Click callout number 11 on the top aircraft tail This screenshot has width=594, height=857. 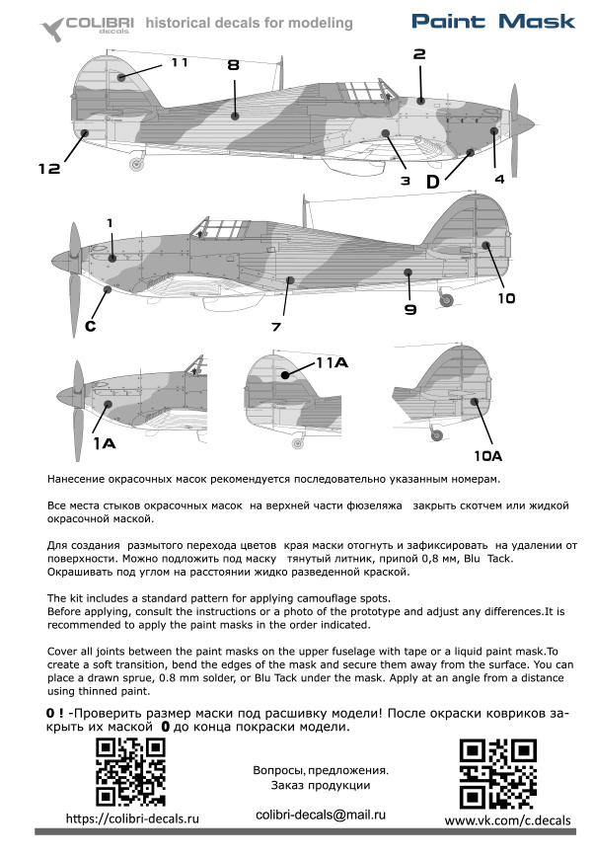(179, 62)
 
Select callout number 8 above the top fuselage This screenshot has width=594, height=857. (233, 65)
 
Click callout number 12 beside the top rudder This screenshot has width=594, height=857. (50, 169)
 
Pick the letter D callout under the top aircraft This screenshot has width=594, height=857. (433, 182)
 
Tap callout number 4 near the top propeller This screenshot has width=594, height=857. (499, 179)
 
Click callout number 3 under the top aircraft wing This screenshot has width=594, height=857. (405, 181)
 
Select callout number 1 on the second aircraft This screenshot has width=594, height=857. (111, 222)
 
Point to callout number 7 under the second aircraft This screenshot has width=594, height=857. (276, 326)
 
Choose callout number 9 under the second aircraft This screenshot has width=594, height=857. (410, 309)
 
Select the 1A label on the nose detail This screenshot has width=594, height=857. (105, 444)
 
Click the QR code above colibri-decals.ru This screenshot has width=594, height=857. (129, 772)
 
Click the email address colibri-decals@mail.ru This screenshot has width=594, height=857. (320, 813)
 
